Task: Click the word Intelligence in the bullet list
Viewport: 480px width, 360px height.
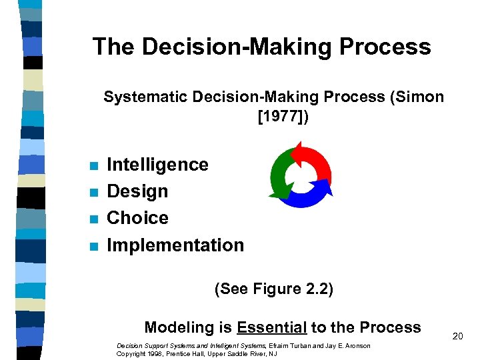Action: [157, 165]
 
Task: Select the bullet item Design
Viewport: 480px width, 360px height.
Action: [137, 192]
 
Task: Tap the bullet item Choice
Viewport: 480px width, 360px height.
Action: [137, 218]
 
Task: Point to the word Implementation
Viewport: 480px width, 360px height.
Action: [175, 245]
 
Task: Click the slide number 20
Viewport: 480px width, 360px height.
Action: [457, 337]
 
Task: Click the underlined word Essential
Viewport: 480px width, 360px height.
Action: [271, 327]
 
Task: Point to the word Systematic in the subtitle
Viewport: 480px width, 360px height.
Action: [145, 97]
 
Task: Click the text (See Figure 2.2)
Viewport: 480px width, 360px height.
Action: [273, 289]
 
